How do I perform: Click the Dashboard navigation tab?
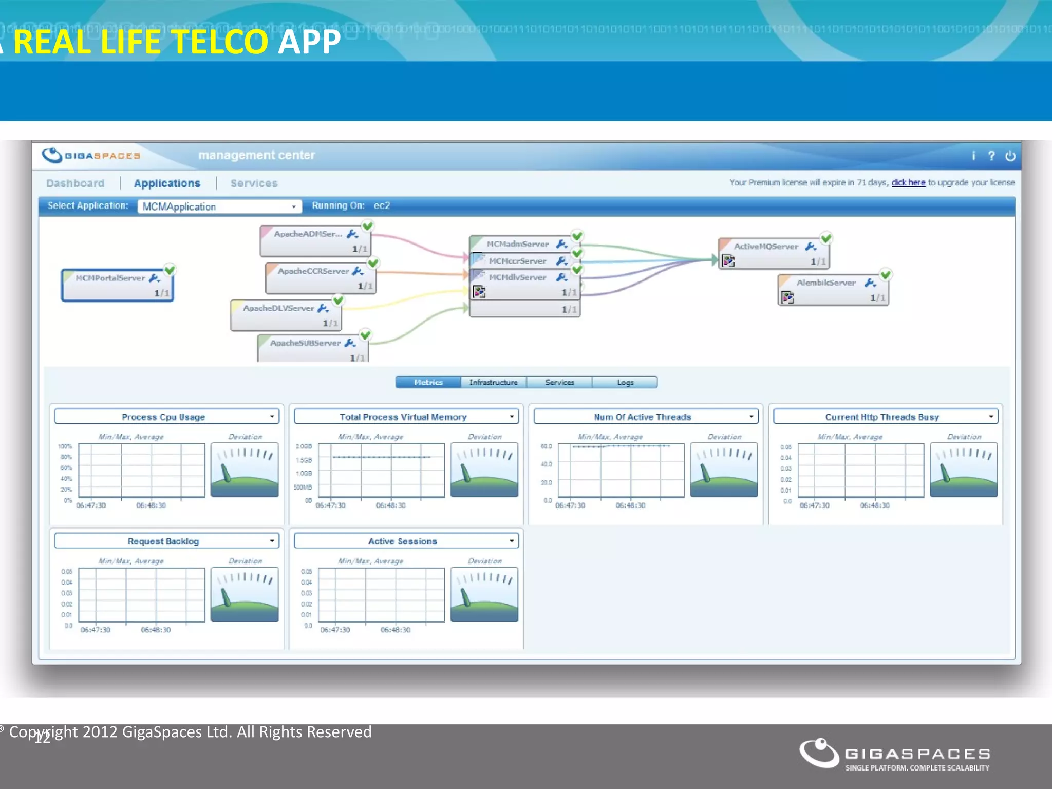pos(75,183)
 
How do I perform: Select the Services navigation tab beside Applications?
pos(254,183)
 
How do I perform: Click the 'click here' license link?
pos(908,182)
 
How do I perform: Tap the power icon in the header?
pos(1010,156)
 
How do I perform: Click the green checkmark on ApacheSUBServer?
pos(365,335)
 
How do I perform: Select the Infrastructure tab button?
pos(494,382)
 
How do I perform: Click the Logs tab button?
pos(625,382)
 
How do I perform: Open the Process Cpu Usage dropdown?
pos(272,417)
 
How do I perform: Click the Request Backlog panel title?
pos(163,541)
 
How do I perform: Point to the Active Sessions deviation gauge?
pos(484,594)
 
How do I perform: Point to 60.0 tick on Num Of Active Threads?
pos(546,446)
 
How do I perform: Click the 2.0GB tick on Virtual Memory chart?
pos(304,446)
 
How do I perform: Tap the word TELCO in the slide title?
pos(220,42)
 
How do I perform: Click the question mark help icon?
pos(991,156)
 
